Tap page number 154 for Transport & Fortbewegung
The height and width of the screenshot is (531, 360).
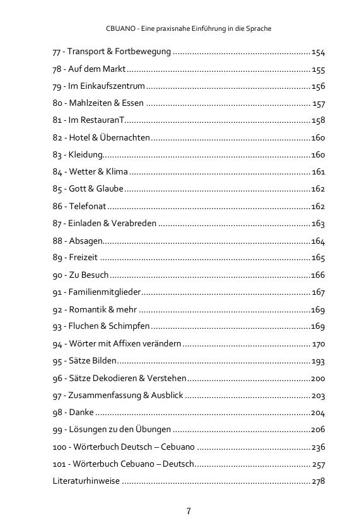coord(318,52)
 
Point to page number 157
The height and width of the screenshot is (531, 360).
coord(318,103)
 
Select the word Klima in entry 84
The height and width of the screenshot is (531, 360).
coord(117,172)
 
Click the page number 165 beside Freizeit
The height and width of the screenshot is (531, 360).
coord(318,258)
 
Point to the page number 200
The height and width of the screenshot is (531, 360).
coord(318,378)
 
